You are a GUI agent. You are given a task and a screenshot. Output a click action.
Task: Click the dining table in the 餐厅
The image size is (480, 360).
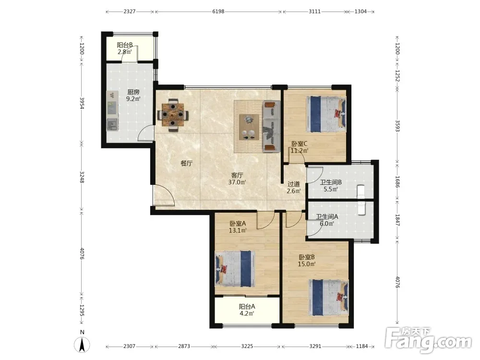(173, 115)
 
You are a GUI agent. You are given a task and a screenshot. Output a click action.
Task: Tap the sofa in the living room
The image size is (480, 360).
(271, 126)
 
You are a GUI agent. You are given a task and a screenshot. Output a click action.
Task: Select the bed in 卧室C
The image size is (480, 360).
(326, 114)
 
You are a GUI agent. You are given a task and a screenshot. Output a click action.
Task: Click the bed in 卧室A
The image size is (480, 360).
(235, 269)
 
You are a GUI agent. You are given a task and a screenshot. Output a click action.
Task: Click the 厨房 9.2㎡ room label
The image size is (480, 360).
(133, 95)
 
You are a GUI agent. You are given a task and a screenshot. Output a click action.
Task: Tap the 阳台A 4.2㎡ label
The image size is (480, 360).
(247, 310)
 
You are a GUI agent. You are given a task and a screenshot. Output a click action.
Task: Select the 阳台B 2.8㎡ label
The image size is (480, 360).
(125, 48)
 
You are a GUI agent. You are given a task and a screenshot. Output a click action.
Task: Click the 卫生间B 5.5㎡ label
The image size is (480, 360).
(331, 185)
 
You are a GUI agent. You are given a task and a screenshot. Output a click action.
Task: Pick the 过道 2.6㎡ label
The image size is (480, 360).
(294, 188)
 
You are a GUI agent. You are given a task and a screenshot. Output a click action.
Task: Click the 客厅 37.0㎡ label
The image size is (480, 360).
(237, 179)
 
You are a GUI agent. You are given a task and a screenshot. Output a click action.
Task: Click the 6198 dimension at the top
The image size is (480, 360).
(218, 12)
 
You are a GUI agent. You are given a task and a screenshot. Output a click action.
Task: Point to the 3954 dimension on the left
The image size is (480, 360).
(82, 103)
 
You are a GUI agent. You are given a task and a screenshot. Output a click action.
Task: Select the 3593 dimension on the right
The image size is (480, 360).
(397, 125)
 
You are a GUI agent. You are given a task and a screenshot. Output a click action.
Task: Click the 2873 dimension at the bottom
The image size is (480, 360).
(184, 346)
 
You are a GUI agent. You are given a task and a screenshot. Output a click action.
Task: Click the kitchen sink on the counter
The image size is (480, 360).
(112, 125)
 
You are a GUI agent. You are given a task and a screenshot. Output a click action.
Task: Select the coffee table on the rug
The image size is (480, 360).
(249, 127)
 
